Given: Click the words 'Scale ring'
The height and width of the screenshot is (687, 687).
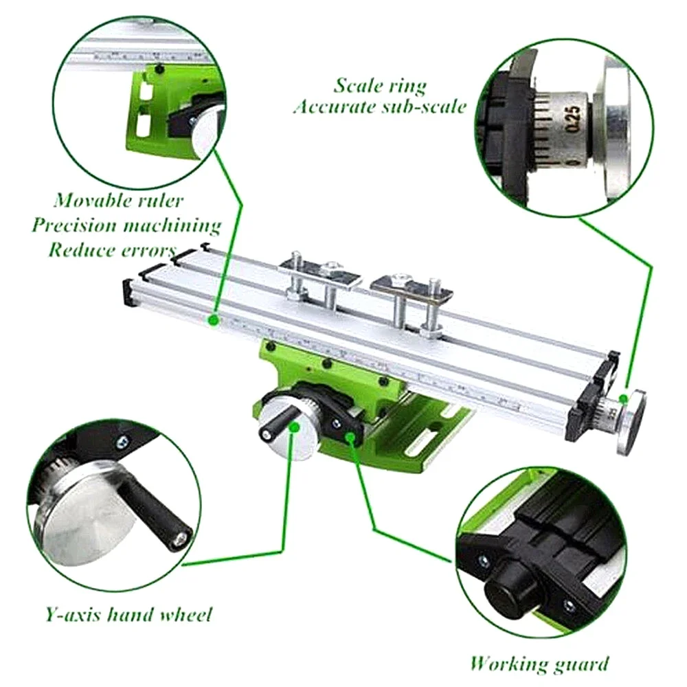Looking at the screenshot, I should pyautogui.click(x=380, y=86).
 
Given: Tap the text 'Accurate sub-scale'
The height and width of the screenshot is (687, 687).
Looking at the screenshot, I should pyautogui.click(x=380, y=107).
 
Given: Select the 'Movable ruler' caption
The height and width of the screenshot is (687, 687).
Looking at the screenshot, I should pyautogui.click(x=120, y=201).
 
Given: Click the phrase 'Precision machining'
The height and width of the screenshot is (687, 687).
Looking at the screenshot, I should pyautogui.click(x=126, y=225).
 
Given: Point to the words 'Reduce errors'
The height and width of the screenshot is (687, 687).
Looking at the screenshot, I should pyautogui.click(x=111, y=249).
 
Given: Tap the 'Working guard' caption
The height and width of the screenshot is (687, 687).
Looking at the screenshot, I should pyautogui.click(x=539, y=663).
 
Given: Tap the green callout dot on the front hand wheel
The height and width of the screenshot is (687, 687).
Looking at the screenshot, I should pyautogui.click(x=295, y=427).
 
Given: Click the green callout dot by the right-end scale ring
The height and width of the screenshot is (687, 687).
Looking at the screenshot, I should pyautogui.click(x=623, y=398).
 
